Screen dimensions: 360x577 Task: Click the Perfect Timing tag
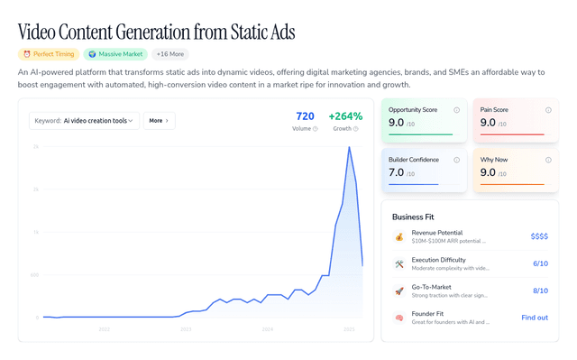click(48, 54)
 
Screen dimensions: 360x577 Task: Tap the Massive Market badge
click(114, 54)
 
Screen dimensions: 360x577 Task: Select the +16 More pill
click(169, 54)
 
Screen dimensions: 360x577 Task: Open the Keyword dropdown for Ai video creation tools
click(84, 120)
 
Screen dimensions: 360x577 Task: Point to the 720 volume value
click(305, 116)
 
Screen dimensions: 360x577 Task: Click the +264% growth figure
click(345, 116)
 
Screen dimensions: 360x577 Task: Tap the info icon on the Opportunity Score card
click(457, 110)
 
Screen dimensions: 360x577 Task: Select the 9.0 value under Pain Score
click(488, 123)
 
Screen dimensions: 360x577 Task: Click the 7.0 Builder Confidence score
click(396, 172)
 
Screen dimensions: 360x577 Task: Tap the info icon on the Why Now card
click(548, 160)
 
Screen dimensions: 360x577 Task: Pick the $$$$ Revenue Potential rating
click(539, 236)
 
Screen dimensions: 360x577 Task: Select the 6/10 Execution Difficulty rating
click(540, 263)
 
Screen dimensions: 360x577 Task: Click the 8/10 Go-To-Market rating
click(540, 291)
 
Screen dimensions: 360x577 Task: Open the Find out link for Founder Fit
click(535, 318)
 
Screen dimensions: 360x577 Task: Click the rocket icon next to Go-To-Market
click(399, 291)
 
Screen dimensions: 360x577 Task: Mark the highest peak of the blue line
click(349, 147)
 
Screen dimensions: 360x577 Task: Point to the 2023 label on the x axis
click(186, 330)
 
